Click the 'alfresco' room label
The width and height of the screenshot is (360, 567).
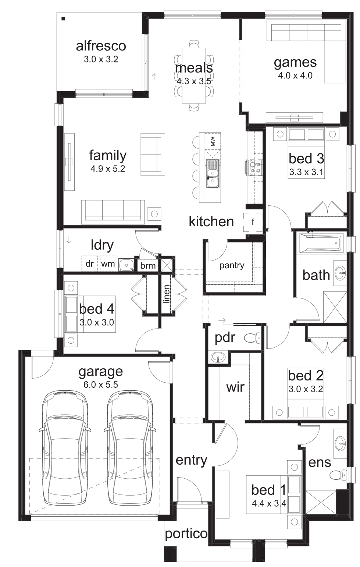click(x=101, y=46)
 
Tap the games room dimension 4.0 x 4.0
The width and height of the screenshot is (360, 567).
click(x=295, y=75)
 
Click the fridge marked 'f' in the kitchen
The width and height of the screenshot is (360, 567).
click(x=253, y=222)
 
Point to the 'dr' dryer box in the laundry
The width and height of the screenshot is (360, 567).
click(x=90, y=264)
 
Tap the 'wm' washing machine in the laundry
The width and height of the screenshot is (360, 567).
click(x=108, y=264)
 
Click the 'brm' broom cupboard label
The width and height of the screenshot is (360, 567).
click(x=148, y=266)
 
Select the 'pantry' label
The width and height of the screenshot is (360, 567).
click(x=232, y=266)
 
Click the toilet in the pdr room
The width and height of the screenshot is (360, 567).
click(x=253, y=338)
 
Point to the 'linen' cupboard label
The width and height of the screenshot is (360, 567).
click(x=167, y=294)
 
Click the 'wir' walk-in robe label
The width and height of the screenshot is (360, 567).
click(x=235, y=387)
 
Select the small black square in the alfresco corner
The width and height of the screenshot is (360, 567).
click(x=63, y=18)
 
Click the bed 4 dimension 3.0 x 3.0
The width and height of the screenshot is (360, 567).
click(x=97, y=322)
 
